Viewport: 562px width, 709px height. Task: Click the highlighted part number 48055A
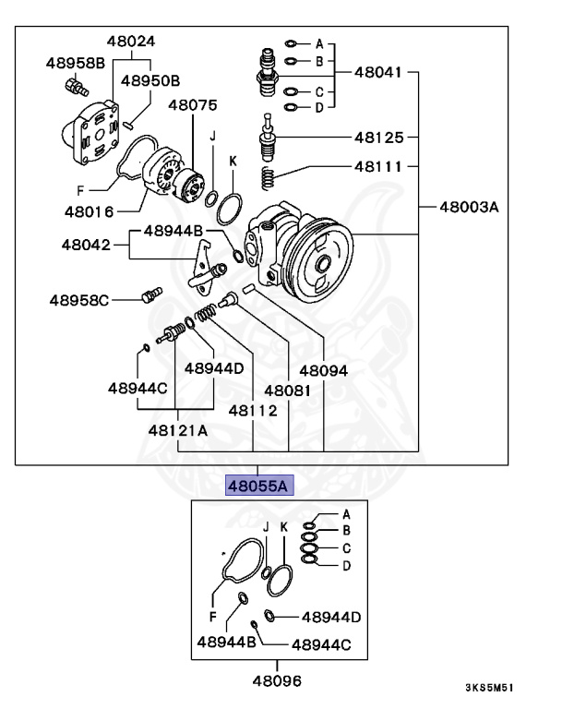(x=259, y=485)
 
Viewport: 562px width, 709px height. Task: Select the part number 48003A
(x=468, y=207)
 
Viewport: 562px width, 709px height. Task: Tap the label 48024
(x=130, y=42)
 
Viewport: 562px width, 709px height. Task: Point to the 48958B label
(x=76, y=63)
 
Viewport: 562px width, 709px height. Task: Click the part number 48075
(x=191, y=105)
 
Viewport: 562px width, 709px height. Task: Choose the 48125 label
(x=379, y=138)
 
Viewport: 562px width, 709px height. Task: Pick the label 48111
(x=379, y=168)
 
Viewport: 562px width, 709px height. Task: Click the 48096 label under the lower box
(x=277, y=681)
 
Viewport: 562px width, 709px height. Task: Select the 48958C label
(x=79, y=300)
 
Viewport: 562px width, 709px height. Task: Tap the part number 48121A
(x=178, y=430)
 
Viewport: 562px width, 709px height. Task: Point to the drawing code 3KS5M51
(x=489, y=688)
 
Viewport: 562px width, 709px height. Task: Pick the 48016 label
(x=89, y=211)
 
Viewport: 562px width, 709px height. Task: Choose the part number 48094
(x=323, y=370)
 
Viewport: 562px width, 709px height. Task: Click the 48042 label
(x=87, y=246)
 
